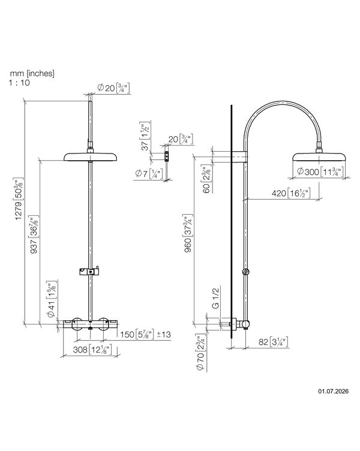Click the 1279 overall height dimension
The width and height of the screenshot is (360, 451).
19,199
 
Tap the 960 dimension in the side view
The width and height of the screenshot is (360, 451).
188,233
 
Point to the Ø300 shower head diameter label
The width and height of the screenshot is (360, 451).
320,172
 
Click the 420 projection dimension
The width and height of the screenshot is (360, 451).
291,193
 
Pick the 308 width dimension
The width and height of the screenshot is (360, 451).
92,350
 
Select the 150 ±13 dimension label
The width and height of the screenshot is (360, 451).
145,334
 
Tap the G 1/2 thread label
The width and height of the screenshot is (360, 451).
216,297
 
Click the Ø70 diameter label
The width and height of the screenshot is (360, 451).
200,352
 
